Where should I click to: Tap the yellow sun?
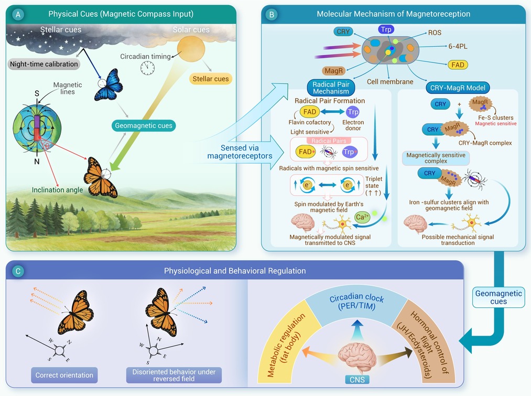tap(191, 49)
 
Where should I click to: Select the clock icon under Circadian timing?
tap(148, 68)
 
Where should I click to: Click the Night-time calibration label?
tap(44, 64)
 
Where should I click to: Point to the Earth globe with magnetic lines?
tap(37, 127)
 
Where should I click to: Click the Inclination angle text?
tap(57, 190)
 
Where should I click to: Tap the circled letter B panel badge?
tap(272, 15)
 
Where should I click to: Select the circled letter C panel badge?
tap(18, 271)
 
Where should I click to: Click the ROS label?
tap(435, 33)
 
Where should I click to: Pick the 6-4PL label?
tap(458, 46)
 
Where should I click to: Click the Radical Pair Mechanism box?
tap(331, 88)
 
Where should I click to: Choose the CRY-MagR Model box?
tap(458, 88)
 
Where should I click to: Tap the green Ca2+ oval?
tap(362, 217)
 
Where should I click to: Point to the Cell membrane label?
tap(390, 82)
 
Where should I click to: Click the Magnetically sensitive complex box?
tap(436, 158)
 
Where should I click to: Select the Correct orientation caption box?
tap(64, 375)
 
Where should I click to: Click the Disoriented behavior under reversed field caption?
tap(174, 375)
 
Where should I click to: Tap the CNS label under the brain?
tap(357, 380)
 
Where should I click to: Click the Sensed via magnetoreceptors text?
tap(240, 152)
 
